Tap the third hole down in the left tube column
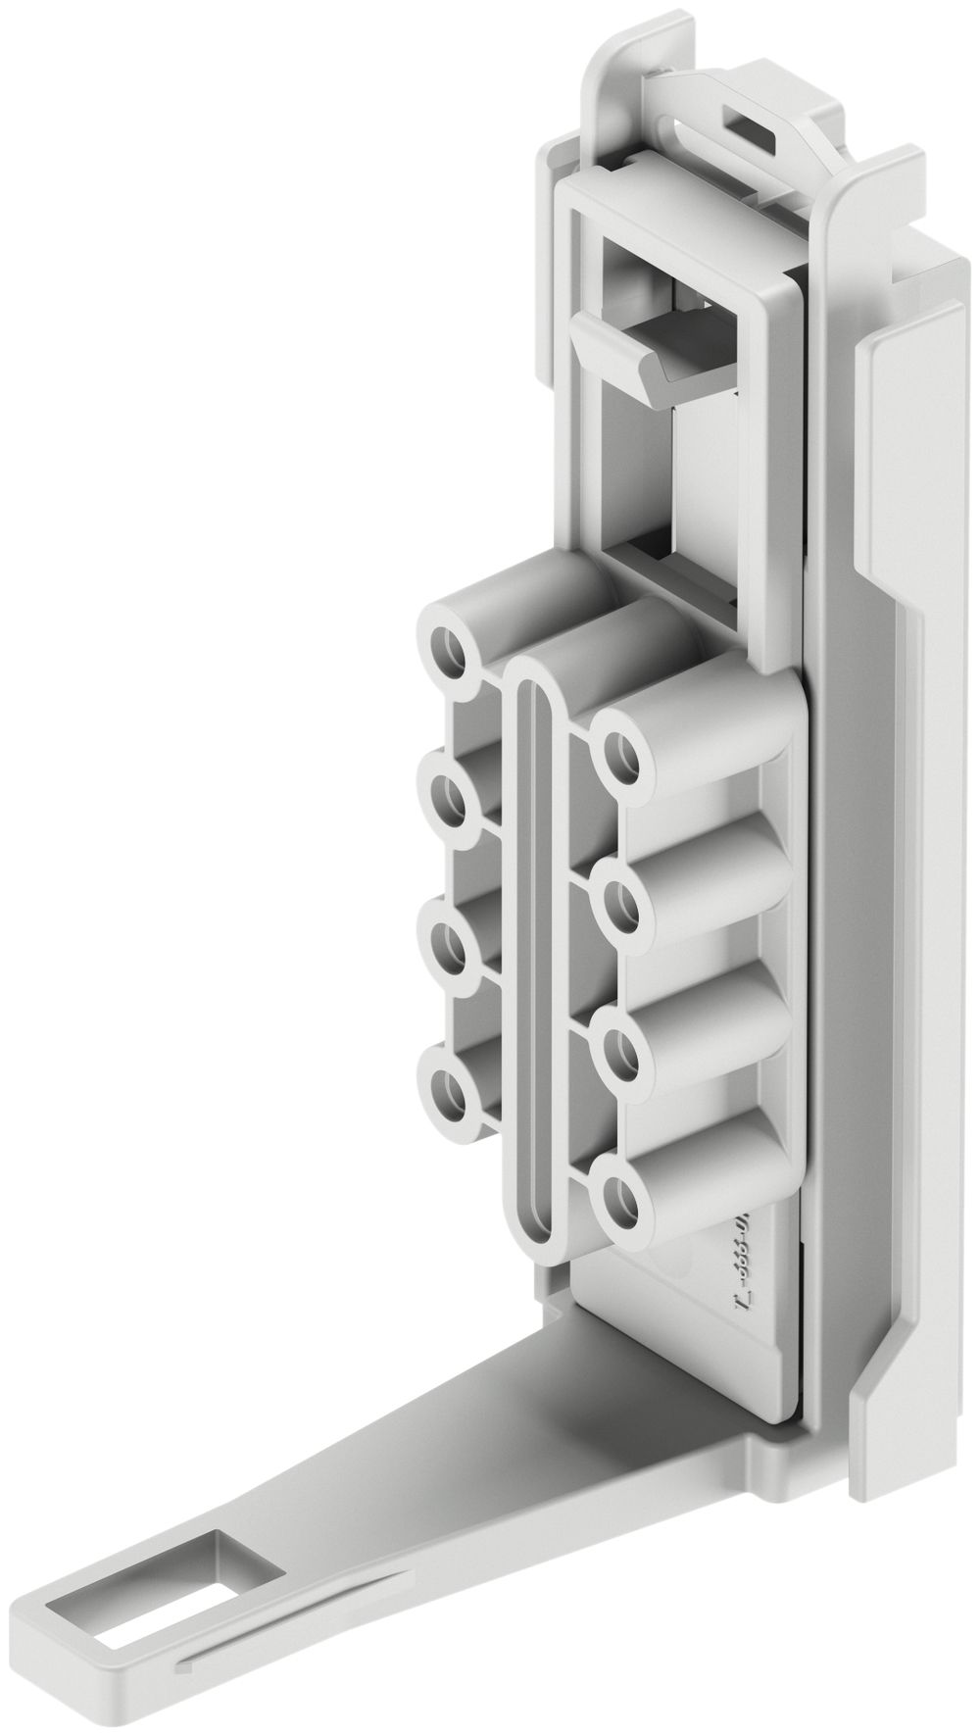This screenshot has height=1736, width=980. tap(449, 947)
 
